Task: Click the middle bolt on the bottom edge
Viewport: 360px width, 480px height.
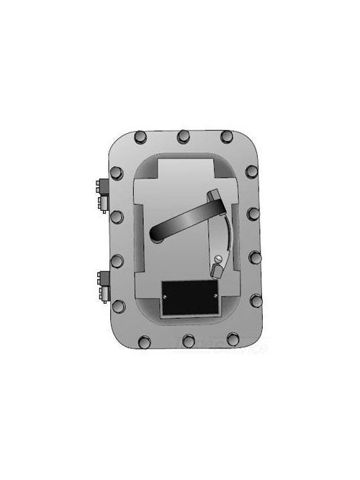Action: [x=188, y=340]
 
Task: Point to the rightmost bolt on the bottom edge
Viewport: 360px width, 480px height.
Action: [x=232, y=338]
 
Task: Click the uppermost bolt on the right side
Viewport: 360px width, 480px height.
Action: [x=251, y=171]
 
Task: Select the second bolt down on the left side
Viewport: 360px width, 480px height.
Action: [x=117, y=215]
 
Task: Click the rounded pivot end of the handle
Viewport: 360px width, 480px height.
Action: [x=160, y=231]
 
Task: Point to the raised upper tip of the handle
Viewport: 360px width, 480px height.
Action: [x=214, y=196]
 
